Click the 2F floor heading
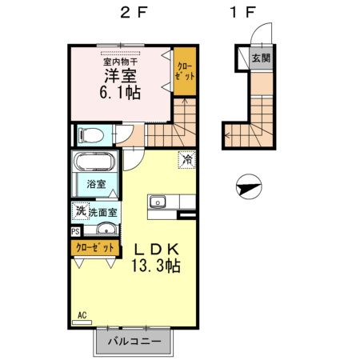click(134, 13)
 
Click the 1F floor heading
click(243, 13)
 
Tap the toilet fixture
click(90, 135)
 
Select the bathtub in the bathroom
click(94, 162)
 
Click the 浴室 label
click(96, 184)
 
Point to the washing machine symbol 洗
click(81, 211)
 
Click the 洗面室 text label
click(103, 212)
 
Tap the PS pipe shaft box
click(75, 231)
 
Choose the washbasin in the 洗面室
click(106, 229)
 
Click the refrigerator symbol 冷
click(187, 160)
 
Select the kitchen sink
click(158, 202)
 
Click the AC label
click(82, 315)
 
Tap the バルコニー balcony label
click(134, 342)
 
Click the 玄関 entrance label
click(262, 58)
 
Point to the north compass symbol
click(249, 187)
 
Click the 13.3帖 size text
click(156, 266)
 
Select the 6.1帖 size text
click(120, 93)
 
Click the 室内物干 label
click(121, 62)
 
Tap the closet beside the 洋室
click(185, 71)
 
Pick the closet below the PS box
click(95, 248)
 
